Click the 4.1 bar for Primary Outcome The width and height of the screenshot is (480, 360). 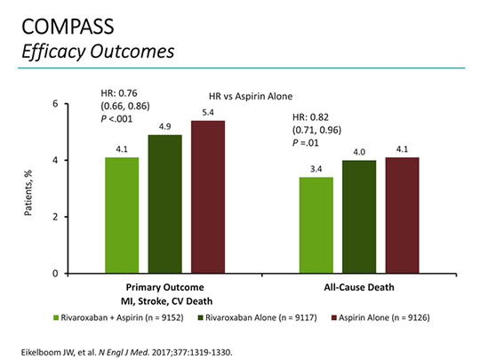point(122,215)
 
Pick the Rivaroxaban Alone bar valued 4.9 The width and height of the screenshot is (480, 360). point(164,204)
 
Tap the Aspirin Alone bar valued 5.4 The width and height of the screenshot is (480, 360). point(207,196)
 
